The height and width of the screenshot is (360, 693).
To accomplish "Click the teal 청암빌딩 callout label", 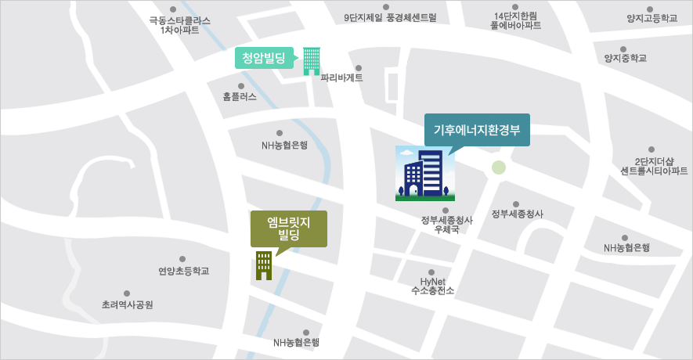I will (x=263, y=57).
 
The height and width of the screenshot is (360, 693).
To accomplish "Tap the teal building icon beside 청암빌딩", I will (x=312, y=60).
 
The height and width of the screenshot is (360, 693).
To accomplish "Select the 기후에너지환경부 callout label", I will (x=477, y=130).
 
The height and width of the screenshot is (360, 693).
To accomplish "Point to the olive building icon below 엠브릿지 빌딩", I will (x=263, y=265).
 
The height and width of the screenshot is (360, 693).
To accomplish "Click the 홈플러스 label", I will (x=240, y=97).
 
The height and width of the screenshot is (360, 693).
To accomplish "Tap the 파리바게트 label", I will (x=341, y=77).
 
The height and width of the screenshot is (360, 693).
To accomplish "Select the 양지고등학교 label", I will (x=651, y=17).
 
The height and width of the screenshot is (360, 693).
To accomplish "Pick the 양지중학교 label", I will (x=625, y=58).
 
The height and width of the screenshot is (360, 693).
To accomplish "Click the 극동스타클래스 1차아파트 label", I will (x=179, y=25).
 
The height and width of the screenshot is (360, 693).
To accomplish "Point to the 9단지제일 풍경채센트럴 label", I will (x=389, y=16).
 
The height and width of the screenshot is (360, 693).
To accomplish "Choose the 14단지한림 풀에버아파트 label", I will (x=515, y=20).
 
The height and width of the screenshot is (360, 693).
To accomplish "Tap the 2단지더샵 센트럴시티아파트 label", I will (x=653, y=165).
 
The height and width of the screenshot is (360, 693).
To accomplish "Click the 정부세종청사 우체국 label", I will (x=446, y=225).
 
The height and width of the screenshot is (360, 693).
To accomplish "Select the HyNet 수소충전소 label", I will (x=432, y=286).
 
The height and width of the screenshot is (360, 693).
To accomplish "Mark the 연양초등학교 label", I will (x=183, y=271).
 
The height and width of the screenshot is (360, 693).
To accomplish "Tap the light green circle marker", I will (x=499, y=167).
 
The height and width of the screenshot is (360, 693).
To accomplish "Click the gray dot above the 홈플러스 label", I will (x=240, y=86).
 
